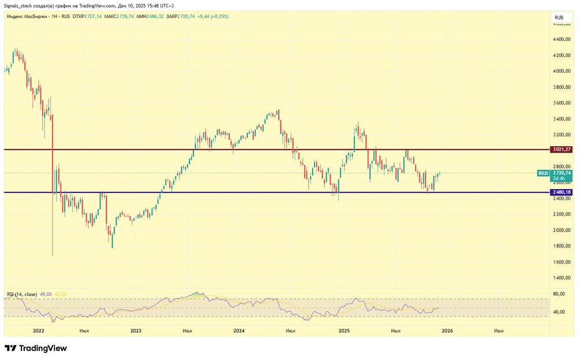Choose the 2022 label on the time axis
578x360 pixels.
(x=39, y=331)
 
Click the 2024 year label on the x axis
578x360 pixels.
(x=239, y=331)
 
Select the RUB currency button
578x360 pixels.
(x=559, y=18)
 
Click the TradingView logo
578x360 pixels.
(x=36, y=348)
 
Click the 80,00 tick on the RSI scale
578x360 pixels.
(x=558, y=294)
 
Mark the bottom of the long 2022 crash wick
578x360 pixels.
(x=53, y=255)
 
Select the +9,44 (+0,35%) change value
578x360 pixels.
(x=212, y=17)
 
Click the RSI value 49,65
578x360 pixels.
(x=46, y=294)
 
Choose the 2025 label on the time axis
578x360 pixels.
(x=344, y=331)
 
